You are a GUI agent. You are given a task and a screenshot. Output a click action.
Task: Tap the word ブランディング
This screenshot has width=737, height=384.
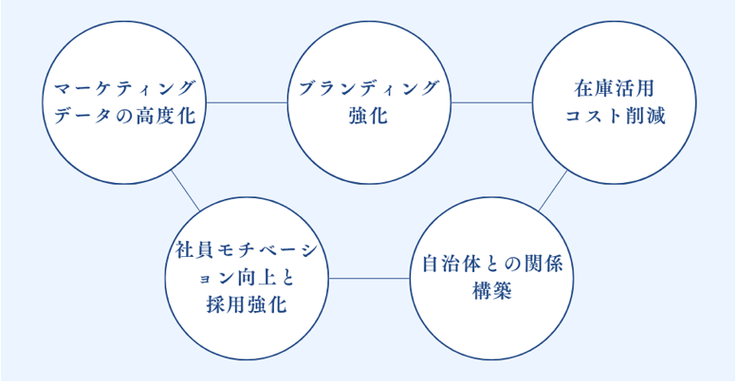click(369, 88)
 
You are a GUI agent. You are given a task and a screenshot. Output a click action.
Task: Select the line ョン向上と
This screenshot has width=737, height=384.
click(247, 278)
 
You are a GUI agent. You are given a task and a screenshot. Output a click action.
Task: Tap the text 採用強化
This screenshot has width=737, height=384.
click(247, 305)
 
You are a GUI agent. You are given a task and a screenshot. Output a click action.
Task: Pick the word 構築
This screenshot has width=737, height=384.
click(492, 291)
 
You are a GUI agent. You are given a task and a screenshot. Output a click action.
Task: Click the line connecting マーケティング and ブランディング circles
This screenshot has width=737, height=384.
click(247, 101)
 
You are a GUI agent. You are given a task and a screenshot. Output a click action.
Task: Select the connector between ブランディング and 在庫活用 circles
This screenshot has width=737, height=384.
click(491, 101)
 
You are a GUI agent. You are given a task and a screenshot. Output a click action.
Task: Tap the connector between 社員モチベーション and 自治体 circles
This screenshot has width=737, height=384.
click(370, 278)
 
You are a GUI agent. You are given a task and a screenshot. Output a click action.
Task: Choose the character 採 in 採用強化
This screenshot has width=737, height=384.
click(214, 305)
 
